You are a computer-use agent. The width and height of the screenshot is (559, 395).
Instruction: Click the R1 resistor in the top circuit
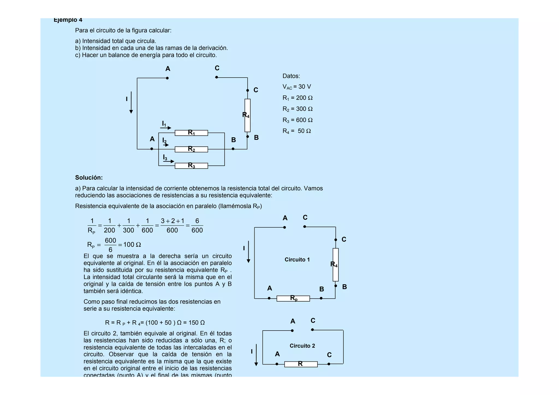191,133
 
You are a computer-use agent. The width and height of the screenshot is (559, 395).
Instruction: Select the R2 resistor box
191,149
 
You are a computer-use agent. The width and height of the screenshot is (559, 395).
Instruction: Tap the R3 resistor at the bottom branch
191,166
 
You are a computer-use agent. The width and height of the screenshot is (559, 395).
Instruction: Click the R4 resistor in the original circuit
247,115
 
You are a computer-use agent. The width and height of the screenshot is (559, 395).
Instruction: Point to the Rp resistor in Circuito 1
293,298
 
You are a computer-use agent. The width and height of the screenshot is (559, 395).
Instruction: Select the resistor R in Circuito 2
301,364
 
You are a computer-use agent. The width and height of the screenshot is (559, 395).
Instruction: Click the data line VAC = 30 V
297,87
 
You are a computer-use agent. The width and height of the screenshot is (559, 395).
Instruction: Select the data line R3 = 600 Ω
298,120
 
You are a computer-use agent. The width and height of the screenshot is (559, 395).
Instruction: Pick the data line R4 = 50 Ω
297,131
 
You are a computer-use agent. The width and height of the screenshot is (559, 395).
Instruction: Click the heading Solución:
89,178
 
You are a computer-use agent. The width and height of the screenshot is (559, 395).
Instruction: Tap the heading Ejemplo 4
68,20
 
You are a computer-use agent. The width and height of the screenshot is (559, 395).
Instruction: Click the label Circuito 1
297,260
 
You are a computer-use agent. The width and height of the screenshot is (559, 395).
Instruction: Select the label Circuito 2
302,346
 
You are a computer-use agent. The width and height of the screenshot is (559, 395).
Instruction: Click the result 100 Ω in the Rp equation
132,245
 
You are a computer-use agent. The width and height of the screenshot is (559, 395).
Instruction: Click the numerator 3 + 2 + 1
172,221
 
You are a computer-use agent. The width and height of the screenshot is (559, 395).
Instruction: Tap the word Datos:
291,76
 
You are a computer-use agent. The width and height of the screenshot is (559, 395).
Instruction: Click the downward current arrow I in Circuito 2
256,355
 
